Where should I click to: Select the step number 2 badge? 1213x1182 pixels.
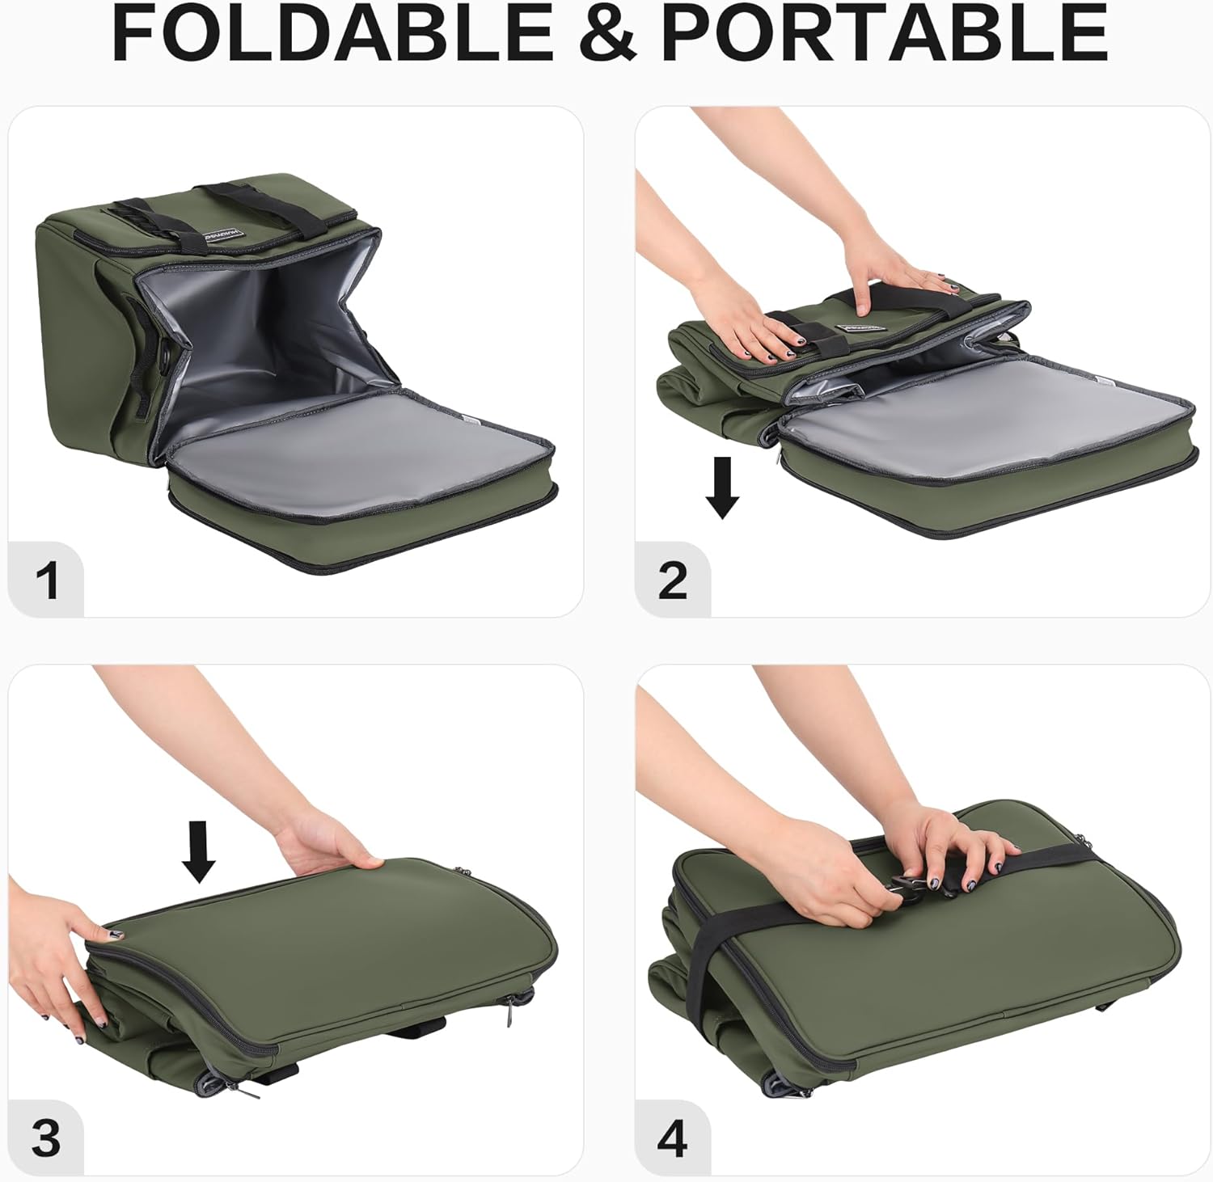673,580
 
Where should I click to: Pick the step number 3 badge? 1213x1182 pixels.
47,1138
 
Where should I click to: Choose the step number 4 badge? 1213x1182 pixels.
673,1138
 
